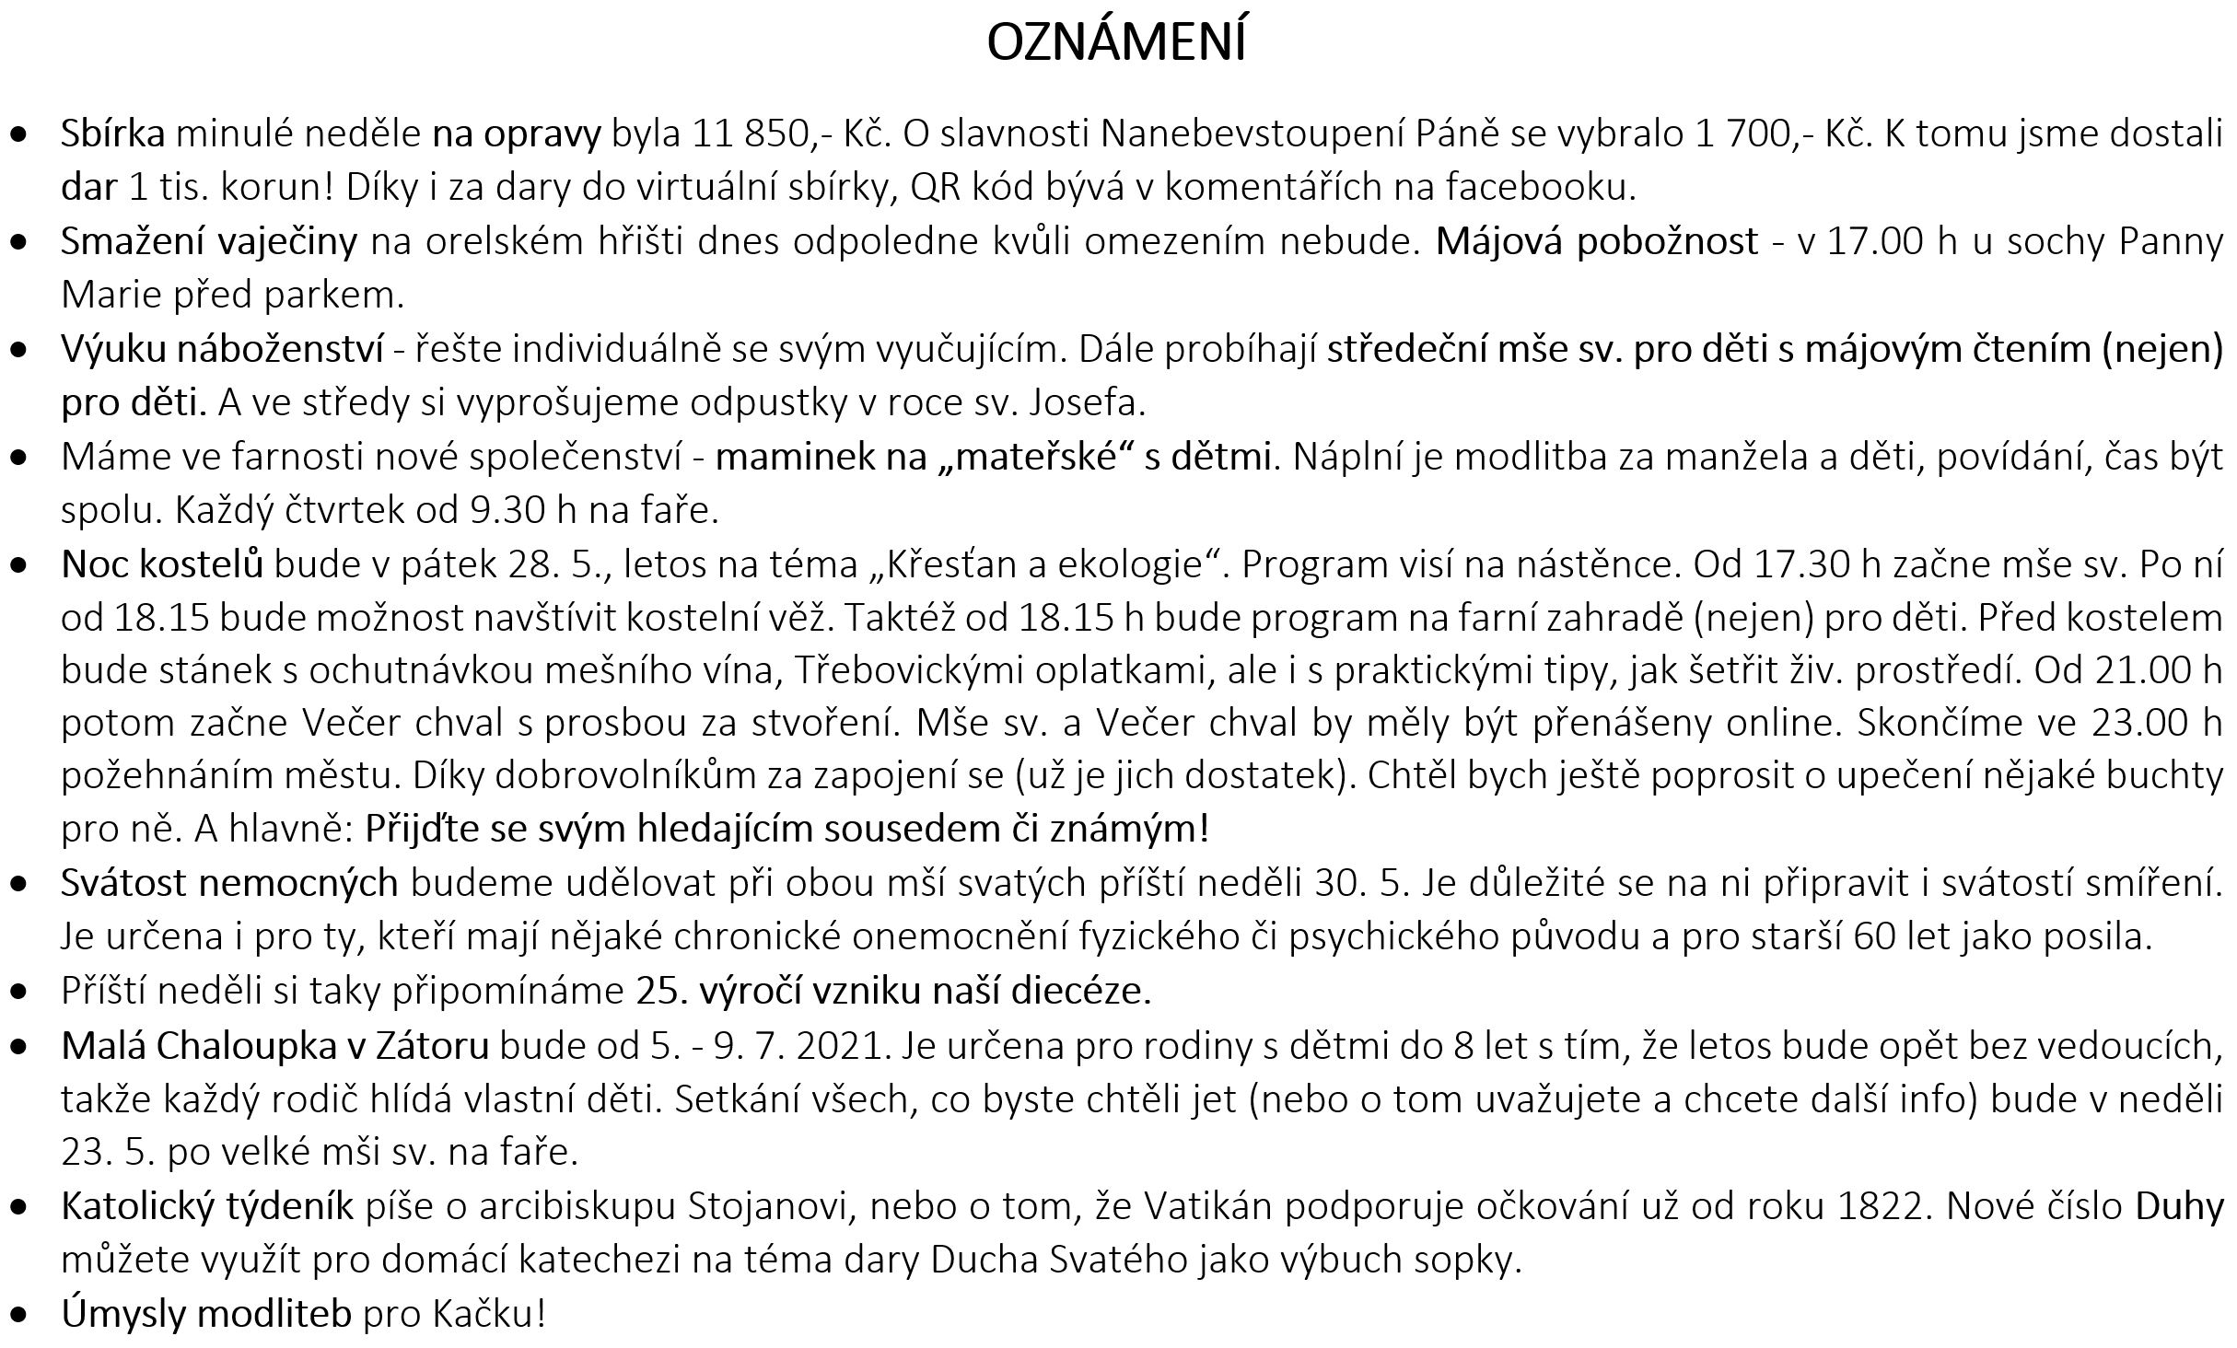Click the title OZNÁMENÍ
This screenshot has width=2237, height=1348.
(x=1116, y=42)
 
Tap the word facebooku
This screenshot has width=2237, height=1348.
(x=1540, y=187)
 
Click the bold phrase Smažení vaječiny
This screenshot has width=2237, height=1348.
(x=209, y=241)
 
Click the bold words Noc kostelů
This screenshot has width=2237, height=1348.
(x=162, y=564)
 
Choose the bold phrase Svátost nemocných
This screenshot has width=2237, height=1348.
(x=229, y=883)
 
